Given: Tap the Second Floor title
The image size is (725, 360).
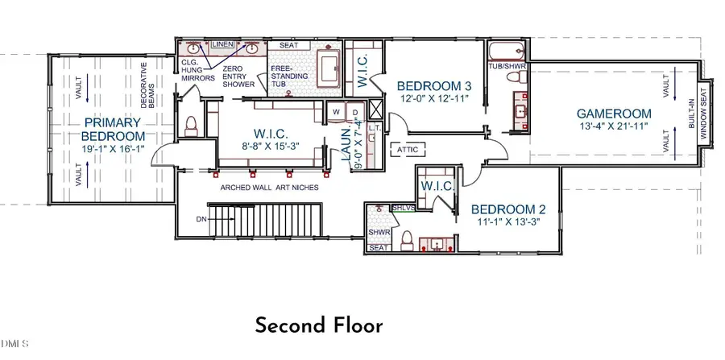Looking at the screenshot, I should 319,326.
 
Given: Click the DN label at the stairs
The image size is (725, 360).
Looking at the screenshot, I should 201,219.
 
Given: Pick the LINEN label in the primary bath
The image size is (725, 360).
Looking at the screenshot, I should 223,44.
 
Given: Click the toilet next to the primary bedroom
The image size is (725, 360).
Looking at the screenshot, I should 192,126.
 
